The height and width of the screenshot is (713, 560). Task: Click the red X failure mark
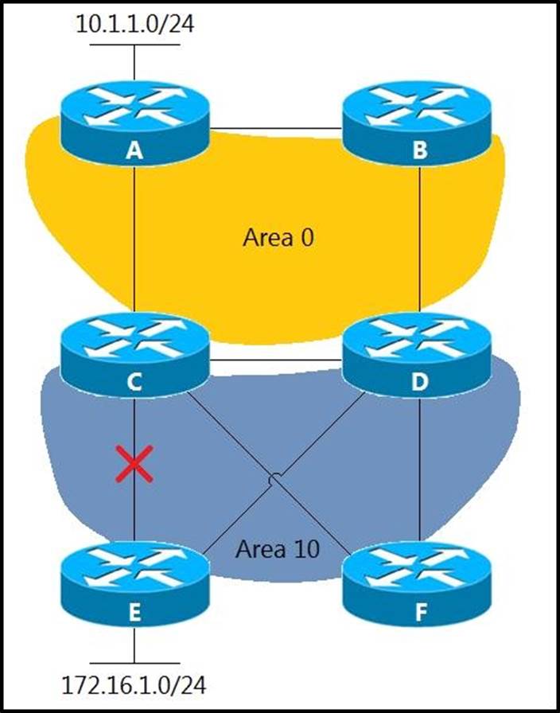point(134,464)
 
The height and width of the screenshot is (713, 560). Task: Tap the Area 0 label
point(278,237)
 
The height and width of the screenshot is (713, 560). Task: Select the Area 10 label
point(278,548)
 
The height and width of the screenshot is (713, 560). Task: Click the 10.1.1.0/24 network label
point(134,23)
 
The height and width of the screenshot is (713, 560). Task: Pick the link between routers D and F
point(419,469)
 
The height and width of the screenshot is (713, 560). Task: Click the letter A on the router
point(134,150)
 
